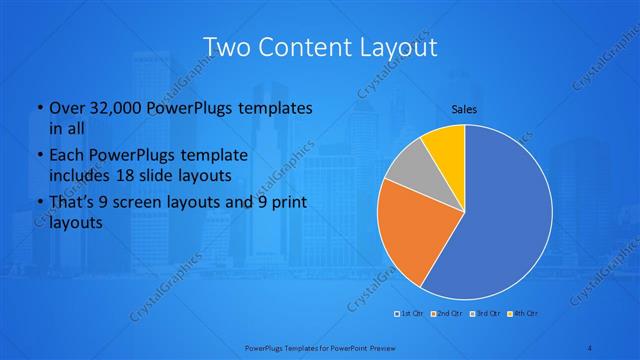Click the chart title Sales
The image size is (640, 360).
pyautogui.click(x=464, y=109)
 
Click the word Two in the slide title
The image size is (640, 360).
pyautogui.click(x=229, y=47)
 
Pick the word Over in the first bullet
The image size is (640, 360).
pyautogui.click(x=67, y=107)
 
